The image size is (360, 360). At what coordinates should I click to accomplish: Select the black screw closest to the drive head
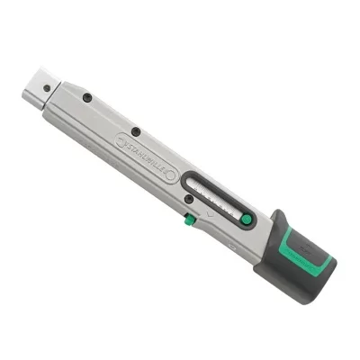pos(86,96)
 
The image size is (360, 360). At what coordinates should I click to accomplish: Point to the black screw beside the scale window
pos(187,200)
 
